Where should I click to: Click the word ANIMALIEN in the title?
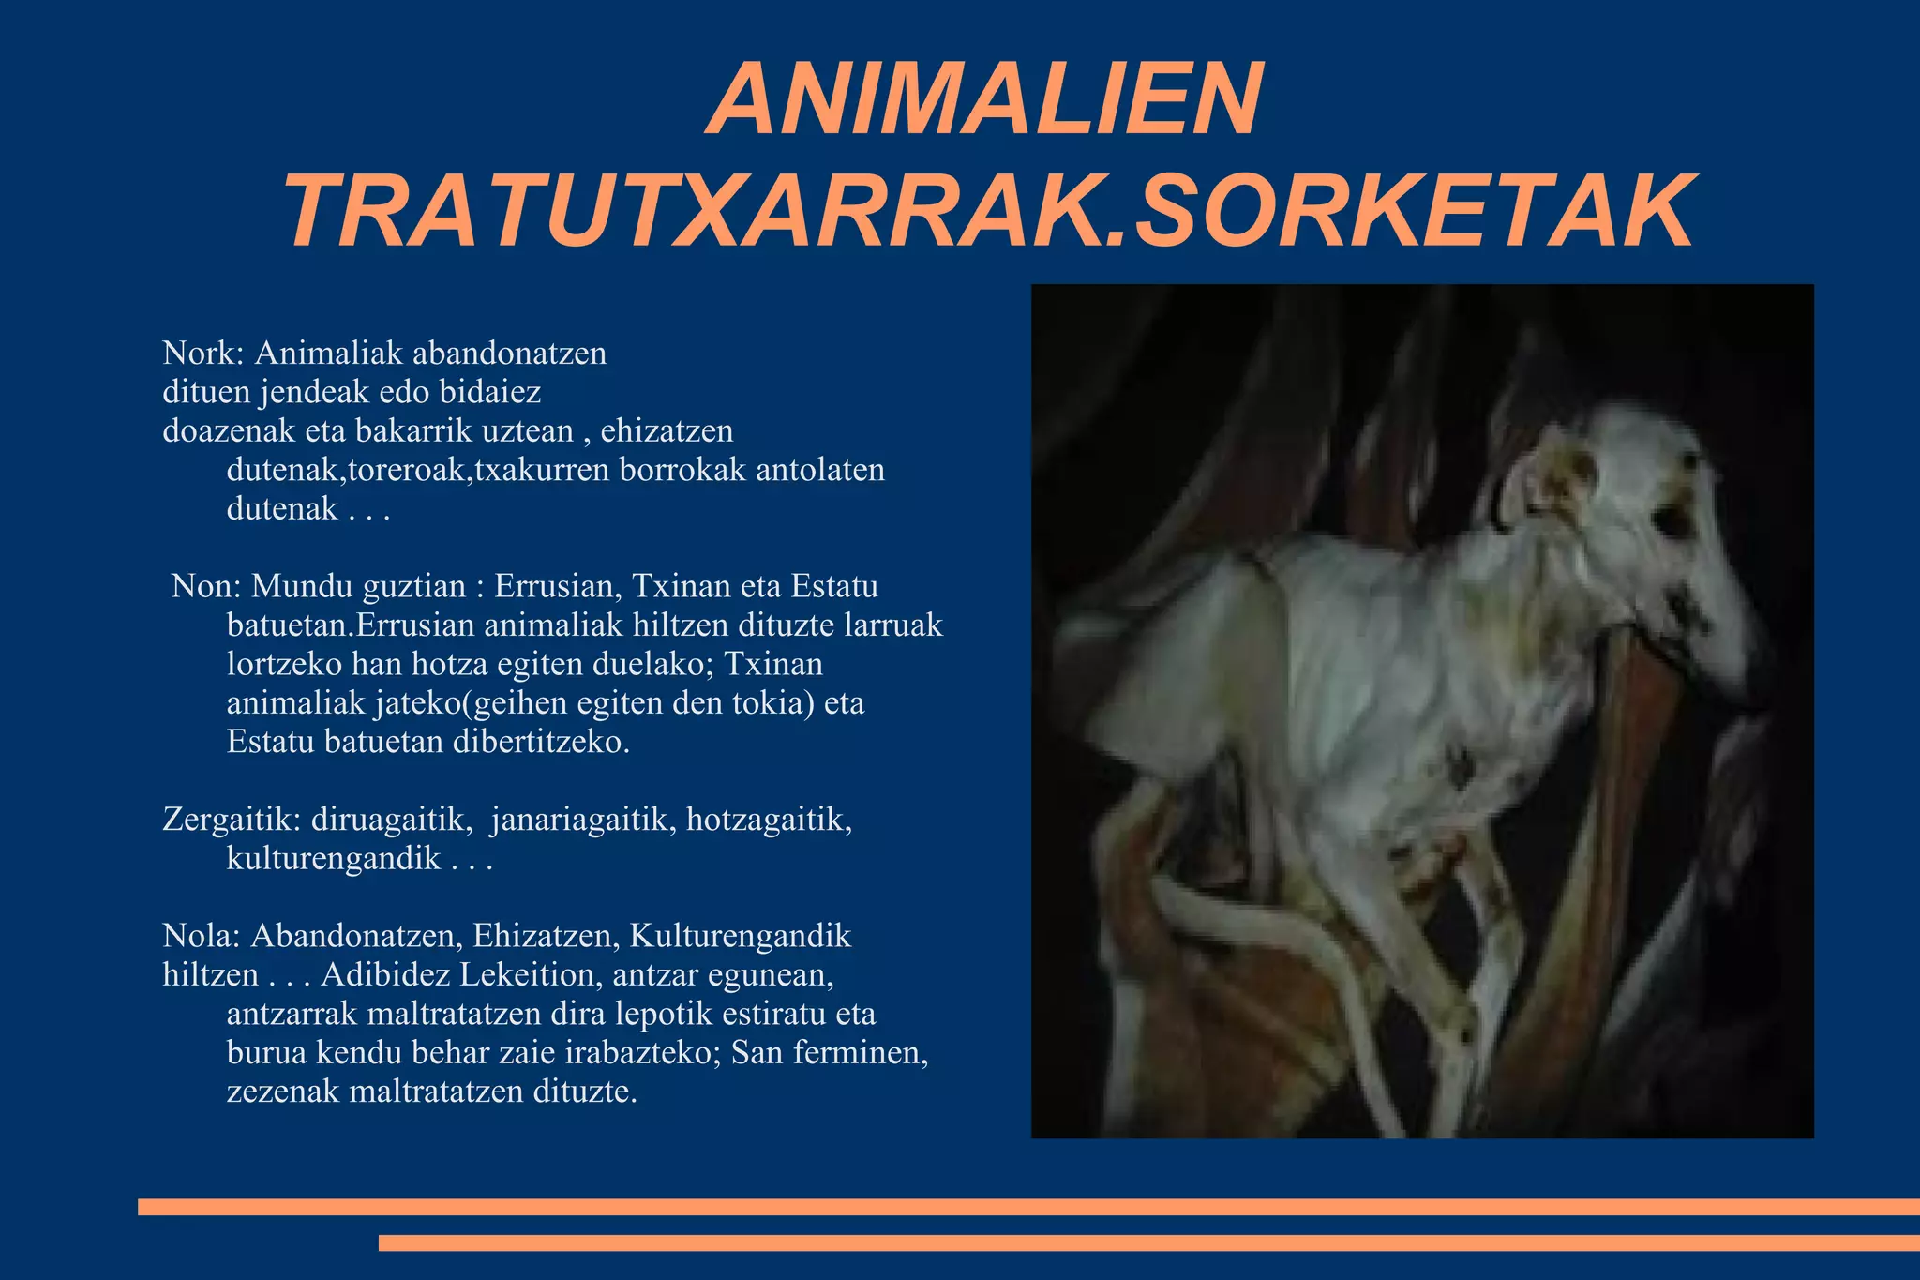[x=984, y=100]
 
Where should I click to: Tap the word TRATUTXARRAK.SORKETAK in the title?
[x=989, y=212]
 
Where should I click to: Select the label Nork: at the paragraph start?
[x=203, y=354]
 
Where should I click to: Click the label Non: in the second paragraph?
[x=206, y=587]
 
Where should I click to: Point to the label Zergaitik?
[x=232, y=820]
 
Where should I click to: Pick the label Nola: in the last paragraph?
[x=202, y=936]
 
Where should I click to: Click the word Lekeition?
[x=531, y=975]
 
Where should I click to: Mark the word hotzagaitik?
[x=769, y=820]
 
